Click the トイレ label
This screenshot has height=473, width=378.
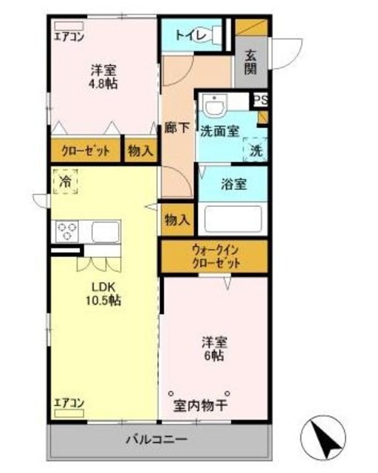coord(190,35)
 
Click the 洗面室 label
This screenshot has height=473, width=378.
coord(219,131)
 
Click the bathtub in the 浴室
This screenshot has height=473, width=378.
coord(233,220)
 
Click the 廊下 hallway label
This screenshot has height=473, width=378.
coord(174,126)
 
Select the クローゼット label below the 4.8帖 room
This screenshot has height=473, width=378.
coord(85,151)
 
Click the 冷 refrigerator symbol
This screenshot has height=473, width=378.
coord(66,180)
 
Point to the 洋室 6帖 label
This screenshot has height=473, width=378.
coord(215,348)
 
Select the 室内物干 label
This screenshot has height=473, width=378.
coord(201,406)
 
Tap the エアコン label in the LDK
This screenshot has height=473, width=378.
coord(69,403)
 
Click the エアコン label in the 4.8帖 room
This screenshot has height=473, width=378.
coord(69,33)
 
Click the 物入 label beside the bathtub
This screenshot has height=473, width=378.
coord(177,220)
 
